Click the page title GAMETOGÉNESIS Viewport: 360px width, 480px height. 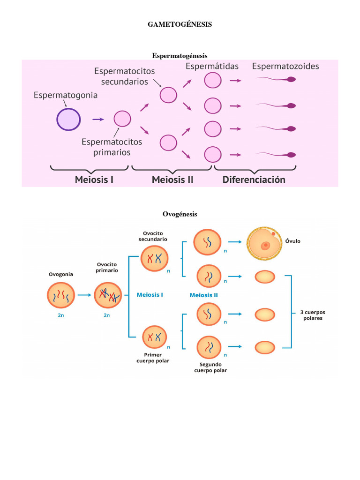pos(180,24)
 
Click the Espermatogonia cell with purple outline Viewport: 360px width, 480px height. pos(68,119)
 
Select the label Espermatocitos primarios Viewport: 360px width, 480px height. pos(112,147)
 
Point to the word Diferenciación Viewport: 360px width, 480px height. pos(253,179)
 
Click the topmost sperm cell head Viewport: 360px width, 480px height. pos(291,80)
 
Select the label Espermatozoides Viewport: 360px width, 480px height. pos(285,66)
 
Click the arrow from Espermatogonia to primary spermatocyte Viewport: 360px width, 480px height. pos(98,120)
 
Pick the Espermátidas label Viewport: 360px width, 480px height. pos(212,66)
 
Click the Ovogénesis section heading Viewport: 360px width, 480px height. pos(180,214)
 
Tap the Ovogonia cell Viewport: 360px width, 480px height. pos(61,295)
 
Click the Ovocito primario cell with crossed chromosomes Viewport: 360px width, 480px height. pos(108,295)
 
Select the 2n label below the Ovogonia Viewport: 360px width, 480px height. pos(61,315)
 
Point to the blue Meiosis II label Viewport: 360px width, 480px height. pos(203,295)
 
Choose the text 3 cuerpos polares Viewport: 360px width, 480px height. pos(312,315)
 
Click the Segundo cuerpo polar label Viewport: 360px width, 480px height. pos(210,367)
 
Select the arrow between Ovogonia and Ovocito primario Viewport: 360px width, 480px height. pos(84,295)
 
